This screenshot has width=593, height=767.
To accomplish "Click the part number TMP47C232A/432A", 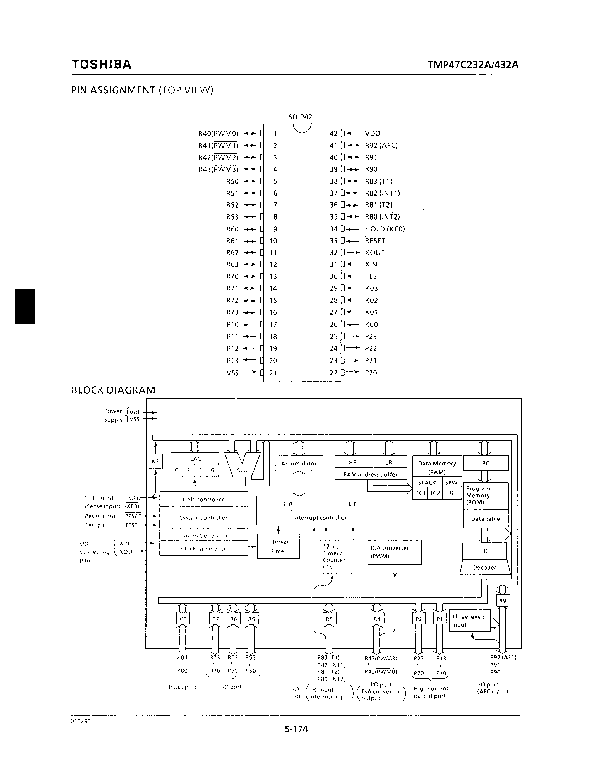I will coord(473,65).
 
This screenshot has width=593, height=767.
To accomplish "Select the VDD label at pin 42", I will coord(372,133).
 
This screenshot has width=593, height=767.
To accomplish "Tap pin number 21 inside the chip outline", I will coord(273,373).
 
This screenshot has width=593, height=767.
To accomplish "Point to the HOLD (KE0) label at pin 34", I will coord(385,229).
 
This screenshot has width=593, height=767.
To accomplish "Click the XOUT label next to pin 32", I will coord(375,253).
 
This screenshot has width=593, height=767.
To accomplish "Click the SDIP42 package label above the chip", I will coord(300,117).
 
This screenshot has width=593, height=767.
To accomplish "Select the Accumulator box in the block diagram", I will coord(299,464).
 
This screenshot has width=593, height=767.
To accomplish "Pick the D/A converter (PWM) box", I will coord(394,552).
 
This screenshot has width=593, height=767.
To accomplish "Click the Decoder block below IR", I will coord(484,568).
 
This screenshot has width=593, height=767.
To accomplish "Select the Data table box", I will coord(485,519).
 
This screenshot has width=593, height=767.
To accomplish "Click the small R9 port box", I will coord(502,601).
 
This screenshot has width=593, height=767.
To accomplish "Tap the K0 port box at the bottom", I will coord(183,619).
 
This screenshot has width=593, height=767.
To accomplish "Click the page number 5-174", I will coord(296,729).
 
